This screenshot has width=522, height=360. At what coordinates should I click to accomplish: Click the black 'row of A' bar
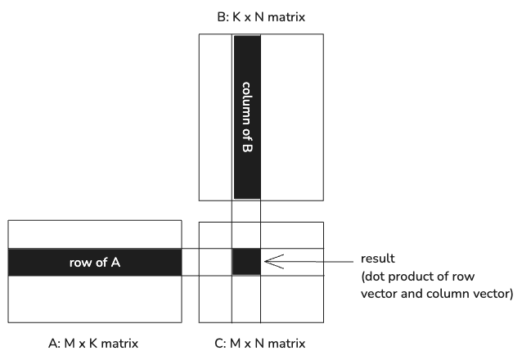(x=95, y=262)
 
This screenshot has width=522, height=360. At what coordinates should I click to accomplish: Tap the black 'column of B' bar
(x=247, y=117)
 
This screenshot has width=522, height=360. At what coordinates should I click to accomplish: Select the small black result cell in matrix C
(x=246, y=262)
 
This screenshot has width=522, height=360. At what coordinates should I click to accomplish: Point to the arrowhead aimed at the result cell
(x=273, y=262)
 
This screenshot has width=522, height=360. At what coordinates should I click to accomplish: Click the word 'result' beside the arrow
(x=377, y=259)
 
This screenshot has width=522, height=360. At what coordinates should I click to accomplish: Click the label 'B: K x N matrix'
(x=261, y=16)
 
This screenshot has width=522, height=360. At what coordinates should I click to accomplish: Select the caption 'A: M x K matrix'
(x=93, y=344)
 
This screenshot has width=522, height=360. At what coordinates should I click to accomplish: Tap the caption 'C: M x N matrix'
(x=260, y=344)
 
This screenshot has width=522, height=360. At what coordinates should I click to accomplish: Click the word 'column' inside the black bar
(x=247, y=103)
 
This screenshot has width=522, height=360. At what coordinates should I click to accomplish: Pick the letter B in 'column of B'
(x=247, y=148)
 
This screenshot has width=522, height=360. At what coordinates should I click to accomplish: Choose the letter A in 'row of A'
(x=115, y=263)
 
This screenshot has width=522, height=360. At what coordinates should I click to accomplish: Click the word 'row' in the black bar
(x=78, y=263)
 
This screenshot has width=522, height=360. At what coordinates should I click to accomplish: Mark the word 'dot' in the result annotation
(x=371, y=277)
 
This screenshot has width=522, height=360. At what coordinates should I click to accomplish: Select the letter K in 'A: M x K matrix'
(x=93, y=344)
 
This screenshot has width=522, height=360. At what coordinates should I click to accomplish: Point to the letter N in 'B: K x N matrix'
(x=259, y=16)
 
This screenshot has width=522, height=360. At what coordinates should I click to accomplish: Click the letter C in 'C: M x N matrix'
(x=220, y=344)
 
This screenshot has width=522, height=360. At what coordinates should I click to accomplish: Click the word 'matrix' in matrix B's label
(x=286, y=16)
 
